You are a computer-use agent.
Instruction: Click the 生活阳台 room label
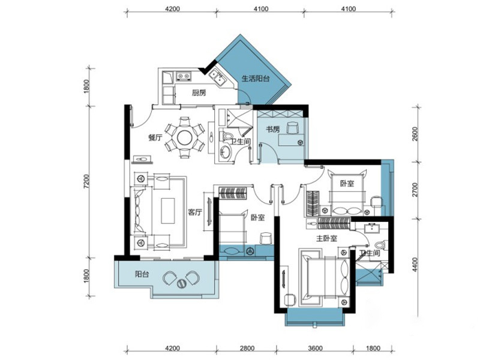256,79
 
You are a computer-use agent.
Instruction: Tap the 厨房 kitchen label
199,93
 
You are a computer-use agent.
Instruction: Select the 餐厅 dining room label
155,138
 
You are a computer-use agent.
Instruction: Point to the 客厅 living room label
194,212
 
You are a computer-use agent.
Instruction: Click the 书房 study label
272,130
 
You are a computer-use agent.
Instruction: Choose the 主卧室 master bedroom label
326,238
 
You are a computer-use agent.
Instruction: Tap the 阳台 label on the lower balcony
142,274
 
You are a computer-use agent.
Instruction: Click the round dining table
185,137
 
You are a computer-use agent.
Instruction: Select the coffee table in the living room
168,211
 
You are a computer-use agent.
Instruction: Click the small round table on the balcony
181,283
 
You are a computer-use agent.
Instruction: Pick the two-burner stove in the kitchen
184,76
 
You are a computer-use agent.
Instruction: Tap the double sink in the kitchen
218,76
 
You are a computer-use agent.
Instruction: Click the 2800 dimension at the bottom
247,348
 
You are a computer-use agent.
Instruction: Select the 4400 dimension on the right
415,265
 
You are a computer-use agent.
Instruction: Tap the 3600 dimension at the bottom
316,348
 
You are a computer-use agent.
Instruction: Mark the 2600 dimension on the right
415,134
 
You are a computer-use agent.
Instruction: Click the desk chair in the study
292,127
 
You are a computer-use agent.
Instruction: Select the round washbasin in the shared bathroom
226,152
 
